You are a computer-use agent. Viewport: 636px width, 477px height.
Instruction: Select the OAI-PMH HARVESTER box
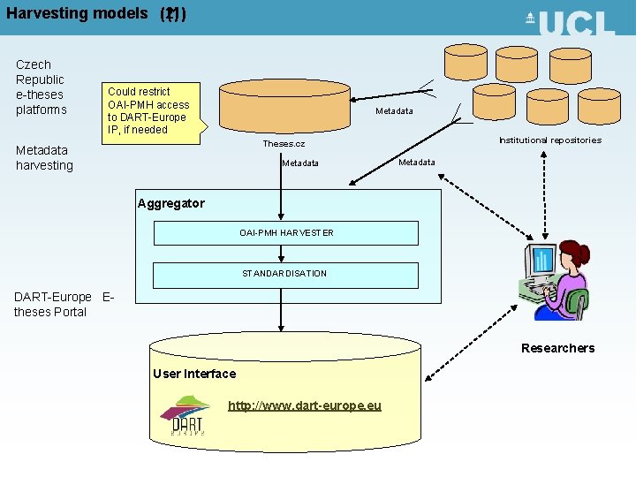(x=286, y=232)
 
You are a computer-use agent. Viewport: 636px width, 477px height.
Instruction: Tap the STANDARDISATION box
(x=284, y=274)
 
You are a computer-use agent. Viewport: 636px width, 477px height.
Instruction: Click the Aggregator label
(x=170, y=203)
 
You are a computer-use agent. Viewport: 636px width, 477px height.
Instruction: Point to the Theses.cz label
(x=284, y=144)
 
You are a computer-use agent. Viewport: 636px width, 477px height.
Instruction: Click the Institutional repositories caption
(x=549, y=140)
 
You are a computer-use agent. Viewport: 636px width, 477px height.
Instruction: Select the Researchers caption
(x=557, y=348)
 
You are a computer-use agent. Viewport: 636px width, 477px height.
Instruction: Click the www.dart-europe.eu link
(x=305, y=405)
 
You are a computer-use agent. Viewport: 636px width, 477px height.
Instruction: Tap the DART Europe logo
(x=185, y=416)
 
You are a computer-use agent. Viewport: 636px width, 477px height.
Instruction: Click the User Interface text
(x=194, y=374)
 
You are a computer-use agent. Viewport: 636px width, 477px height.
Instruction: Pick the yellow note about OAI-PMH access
(x=148, y=110)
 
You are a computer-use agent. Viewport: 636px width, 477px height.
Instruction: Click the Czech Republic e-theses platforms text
(x=41, y=87)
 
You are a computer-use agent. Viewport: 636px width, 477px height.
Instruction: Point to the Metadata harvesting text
(x=44, y=158)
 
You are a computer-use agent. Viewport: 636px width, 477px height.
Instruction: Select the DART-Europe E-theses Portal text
(x=64, y=304)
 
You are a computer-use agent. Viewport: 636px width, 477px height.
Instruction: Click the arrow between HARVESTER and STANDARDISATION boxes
(x=282, y=254)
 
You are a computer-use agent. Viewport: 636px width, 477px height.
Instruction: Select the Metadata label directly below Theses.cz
(x=300, y=163)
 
